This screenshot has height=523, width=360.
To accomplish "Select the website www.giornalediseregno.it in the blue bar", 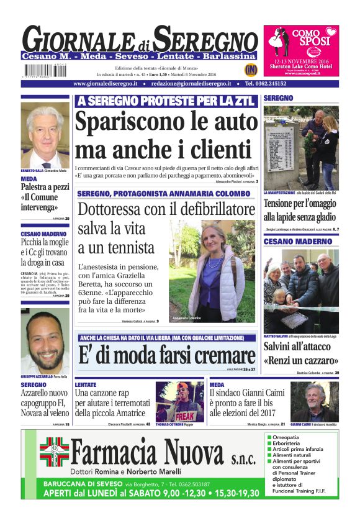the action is coord(109,83).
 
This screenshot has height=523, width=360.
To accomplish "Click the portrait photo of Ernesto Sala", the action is coord(45,136).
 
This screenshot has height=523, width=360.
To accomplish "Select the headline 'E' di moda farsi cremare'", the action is coord(166,355).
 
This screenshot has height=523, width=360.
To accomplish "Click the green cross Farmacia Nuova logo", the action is coord(54,452).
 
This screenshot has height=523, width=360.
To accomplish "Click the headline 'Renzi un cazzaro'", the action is coord(300,360).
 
